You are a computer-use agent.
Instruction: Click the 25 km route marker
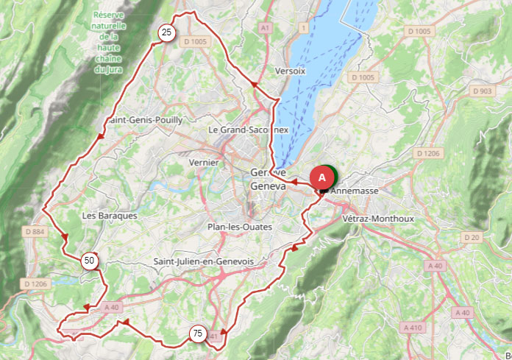point(166,32)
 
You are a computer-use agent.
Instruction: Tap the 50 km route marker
point(90,260)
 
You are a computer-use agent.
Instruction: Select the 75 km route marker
point(196,333)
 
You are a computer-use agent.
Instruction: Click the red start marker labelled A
point(321,177)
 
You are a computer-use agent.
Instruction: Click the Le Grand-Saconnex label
point(249,130)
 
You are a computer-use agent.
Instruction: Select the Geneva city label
point(268,186)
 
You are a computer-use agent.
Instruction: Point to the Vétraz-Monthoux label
point(379,219)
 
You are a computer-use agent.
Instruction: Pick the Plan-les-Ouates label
point(240,227)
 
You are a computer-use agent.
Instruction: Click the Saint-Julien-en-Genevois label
point(204,262)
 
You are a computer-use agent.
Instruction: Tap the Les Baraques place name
point(110,216)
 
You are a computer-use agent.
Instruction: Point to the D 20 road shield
point(472,237)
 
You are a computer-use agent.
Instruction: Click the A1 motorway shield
point(266,27)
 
